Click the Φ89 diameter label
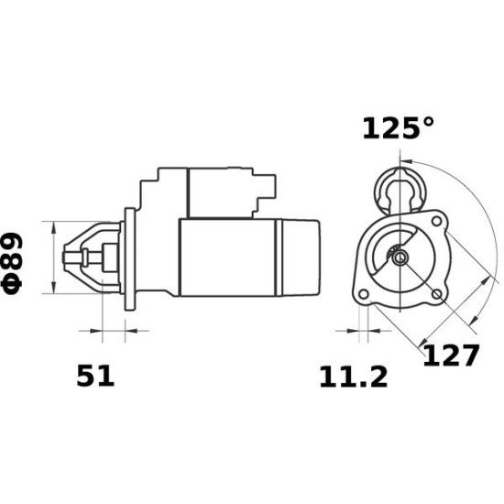19,261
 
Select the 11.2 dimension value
353,376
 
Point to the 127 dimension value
450,356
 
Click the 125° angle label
397,129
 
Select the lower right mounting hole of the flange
436,293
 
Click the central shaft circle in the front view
400,258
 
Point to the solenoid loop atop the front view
400,189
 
